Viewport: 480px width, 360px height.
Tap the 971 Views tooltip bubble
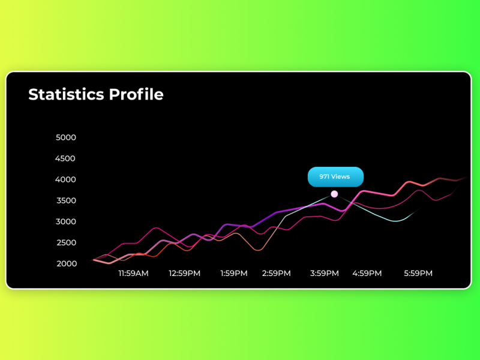(335, 177)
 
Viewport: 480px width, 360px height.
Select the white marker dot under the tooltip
(334, 194)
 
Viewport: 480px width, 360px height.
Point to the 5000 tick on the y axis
(65, 137)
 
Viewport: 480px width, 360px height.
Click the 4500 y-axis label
(65, 158)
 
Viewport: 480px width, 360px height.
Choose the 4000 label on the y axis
(65, 179)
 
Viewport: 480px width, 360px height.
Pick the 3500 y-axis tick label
(65, 200)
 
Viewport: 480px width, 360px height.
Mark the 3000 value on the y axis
(65, 221)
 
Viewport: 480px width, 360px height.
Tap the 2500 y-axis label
(65, 242)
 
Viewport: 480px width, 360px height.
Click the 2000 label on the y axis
(65, 263)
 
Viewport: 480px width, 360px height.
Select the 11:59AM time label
(133, 274)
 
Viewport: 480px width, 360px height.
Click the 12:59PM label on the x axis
(184, 274)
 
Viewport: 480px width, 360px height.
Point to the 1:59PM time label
(234, 274)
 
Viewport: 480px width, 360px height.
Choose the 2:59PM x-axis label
(277, 274)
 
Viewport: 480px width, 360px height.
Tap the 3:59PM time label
(325, 274)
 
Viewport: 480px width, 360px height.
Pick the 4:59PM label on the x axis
(367, 274)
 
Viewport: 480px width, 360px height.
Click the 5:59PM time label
(418, 274)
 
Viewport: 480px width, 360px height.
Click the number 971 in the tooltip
(325, 177)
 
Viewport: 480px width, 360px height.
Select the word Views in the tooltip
(341, 177)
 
